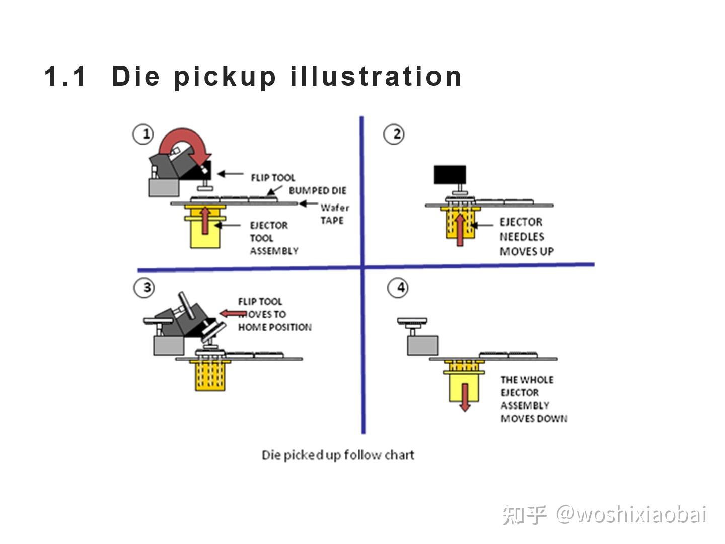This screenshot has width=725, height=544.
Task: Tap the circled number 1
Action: point(143,134)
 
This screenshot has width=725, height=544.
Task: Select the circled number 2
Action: point(394,134)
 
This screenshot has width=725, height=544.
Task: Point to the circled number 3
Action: point(144,288)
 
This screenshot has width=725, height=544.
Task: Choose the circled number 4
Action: point(398,288)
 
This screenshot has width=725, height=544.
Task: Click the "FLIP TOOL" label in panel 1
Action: point(273,178)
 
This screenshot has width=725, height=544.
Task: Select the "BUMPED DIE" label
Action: point(317,191)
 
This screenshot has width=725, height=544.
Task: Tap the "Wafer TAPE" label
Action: point(334,214)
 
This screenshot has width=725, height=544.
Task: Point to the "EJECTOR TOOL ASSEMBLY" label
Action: point(273,238)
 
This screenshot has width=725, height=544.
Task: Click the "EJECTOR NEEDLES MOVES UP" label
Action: point(526,237)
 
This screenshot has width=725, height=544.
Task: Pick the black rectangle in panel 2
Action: point(450,174)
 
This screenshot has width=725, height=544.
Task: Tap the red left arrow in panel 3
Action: point(233,314)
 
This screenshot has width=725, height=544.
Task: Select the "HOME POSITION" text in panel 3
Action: point(275,327)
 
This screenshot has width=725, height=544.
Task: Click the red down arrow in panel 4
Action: point(465,397)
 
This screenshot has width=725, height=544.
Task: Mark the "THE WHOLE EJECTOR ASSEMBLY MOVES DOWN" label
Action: point(533,399)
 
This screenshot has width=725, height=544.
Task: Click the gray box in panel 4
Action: point(422,345)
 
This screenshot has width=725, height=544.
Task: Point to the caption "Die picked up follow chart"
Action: point(338,455)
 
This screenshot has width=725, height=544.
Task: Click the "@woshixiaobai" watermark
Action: point(631,515)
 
